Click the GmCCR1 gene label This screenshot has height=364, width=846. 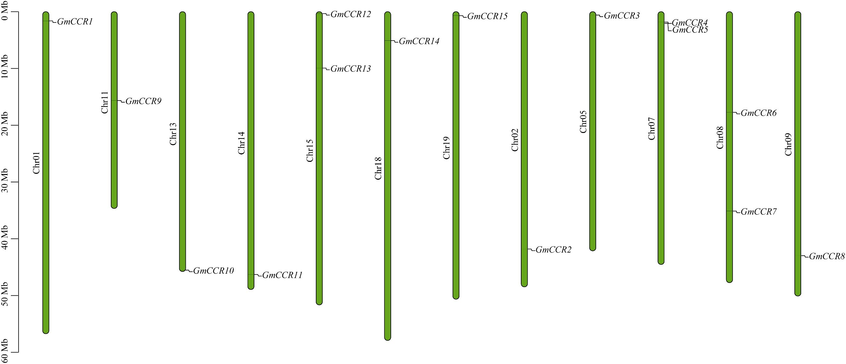75,22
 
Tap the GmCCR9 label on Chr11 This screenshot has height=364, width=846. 143,101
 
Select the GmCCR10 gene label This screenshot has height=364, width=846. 213,271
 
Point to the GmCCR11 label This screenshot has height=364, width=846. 282,275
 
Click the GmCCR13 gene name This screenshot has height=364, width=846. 350,69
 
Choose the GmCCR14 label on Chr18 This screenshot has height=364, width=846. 419,41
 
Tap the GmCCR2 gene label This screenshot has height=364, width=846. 554,250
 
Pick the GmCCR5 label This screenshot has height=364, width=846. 690,30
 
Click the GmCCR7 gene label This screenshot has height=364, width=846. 758,211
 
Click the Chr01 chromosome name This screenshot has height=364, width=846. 36,163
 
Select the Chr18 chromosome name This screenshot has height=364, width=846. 378,168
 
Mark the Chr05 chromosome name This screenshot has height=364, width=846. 583,121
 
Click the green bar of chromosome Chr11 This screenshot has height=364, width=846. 114,148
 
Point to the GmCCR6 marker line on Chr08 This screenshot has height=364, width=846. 729,112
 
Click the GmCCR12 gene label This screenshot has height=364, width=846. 350,14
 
